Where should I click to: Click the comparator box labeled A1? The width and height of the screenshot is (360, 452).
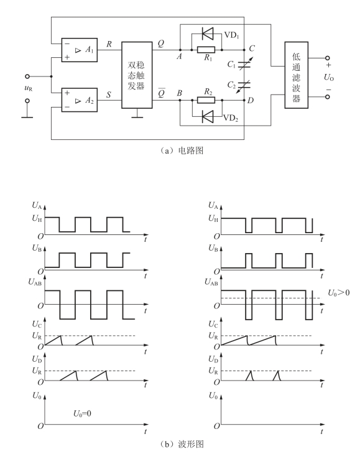tap(79, 50)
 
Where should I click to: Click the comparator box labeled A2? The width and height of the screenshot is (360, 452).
tap(79, 100)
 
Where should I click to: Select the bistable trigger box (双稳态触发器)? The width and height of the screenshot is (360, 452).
tap(137, 75)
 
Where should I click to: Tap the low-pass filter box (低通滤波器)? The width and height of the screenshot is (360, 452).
tap(297, 75)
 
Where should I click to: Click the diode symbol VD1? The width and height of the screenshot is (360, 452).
tap(208, 34)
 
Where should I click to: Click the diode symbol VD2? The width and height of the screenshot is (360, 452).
tap(208, 116)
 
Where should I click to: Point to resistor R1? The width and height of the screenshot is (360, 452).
tap(206, 50)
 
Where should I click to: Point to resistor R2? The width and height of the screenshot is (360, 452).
tap(206, 100)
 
